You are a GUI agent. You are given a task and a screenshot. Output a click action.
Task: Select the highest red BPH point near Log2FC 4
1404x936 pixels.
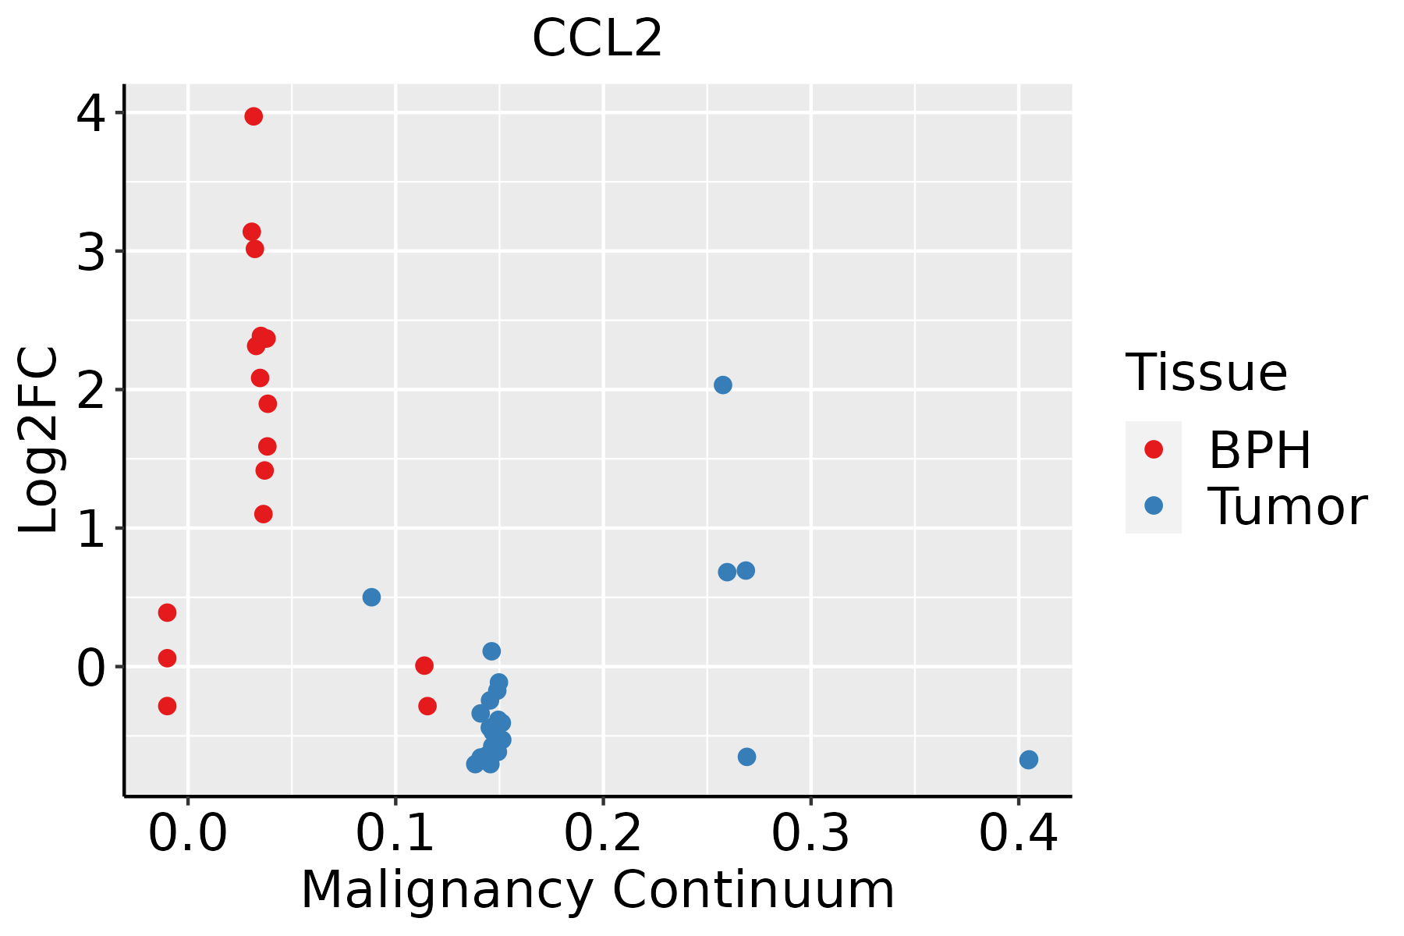click(253, 117)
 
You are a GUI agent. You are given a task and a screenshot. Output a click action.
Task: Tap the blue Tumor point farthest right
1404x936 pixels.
click(1029, 760)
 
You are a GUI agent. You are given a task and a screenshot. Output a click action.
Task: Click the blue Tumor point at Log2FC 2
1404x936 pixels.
click(723, 385)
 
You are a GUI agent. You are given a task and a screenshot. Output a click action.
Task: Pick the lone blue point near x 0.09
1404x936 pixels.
click(371, 597)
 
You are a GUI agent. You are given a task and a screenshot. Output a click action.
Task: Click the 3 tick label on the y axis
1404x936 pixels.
click(90, 252)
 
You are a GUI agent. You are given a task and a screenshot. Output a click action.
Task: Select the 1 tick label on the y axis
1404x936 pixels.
click(90, 529)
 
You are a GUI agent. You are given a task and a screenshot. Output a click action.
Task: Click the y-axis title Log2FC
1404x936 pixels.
click(39, 441)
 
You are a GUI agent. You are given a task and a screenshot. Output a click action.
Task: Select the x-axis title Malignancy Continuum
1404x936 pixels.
click(597, 891)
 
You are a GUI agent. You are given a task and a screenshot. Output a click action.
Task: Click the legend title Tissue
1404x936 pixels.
click(1207, 373)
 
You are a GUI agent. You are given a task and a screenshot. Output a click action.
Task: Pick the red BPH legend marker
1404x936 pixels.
click(1154, 449)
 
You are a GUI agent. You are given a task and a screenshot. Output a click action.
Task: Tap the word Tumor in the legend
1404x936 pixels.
click(1287, 507)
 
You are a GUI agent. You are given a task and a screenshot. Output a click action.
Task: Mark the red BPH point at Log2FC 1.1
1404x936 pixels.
click(264, 514)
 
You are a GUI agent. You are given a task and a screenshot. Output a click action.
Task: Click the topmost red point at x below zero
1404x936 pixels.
click(167, 613)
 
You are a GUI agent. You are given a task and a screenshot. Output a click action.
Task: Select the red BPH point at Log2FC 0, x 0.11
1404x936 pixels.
click(424, 666)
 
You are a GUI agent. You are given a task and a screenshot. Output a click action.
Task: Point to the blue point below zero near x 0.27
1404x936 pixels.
click(746, 757)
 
